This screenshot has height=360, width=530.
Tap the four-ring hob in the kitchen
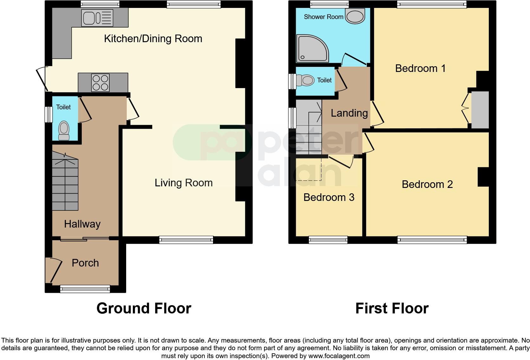[100, 83]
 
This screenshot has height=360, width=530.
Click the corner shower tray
[312, 48]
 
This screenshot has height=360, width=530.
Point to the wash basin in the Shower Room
[355, 16]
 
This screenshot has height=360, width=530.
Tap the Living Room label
[184, 183]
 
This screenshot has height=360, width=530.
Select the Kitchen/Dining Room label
[153, 39]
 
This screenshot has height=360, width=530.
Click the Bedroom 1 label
[420, 68]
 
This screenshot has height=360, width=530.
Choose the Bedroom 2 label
[427, 184]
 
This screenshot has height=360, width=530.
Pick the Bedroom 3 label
[329, 197]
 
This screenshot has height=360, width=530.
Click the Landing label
[349, 113]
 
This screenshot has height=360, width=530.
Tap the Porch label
[85, 263]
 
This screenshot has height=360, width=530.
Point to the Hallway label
[82, 224]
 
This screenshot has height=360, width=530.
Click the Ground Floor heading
[144, 308]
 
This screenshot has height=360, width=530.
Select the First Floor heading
[392, 308]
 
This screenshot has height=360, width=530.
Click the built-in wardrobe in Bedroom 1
[480, 110]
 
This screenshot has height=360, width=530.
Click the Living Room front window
[186, 240]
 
